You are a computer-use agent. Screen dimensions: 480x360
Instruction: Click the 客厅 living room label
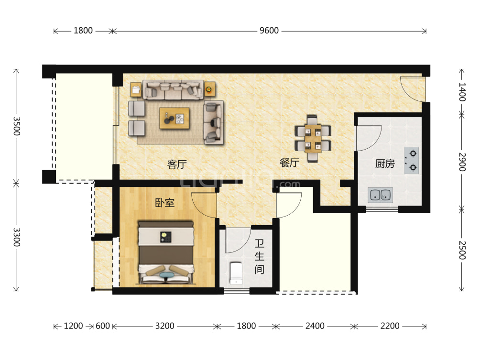click(177, 164)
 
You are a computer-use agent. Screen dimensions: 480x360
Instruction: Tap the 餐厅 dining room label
click(290, 163)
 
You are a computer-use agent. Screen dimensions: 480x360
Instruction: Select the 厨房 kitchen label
click(385, 164)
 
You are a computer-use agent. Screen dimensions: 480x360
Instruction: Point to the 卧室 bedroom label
click(164, 203)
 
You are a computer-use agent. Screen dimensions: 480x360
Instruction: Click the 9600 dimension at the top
click(269, 31)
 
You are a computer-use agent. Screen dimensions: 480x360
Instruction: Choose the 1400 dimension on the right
click(462, 92)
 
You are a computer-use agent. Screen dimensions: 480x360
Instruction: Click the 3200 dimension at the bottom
click(164, 326)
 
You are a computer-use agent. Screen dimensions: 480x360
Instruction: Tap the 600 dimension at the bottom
click(103, 326)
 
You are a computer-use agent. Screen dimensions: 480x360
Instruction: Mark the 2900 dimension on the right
click(462, 162)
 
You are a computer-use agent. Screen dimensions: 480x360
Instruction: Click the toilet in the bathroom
click(236, 273)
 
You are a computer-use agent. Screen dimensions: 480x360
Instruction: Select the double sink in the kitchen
click(380, 195)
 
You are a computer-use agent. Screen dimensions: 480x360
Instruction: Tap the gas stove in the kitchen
click(411, 161)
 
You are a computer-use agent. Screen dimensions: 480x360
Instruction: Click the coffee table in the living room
click(174, 118)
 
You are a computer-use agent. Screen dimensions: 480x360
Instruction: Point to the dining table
click(313, 138)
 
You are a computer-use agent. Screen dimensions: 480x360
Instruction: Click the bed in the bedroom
click(166, 252)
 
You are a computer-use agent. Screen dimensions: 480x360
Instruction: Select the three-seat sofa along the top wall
click(173, 90)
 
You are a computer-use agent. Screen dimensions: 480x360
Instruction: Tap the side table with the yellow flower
click(210, 89)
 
